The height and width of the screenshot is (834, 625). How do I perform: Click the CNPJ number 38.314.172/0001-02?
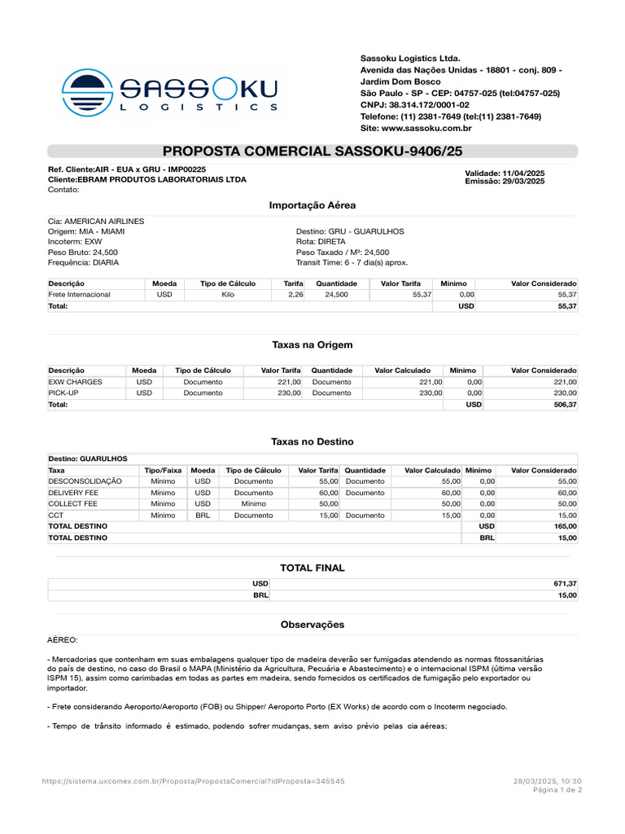(432, 105)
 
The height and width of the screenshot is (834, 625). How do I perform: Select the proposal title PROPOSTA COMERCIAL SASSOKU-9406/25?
(312, 151)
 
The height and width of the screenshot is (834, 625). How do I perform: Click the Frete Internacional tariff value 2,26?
(295, 294)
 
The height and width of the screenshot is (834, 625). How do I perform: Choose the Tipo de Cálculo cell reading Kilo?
(228, 294)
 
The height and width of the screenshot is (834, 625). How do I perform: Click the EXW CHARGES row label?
(75, 381)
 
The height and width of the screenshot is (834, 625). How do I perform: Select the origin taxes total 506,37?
(564, 404)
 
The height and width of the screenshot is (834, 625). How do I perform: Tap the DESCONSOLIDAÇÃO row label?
(85, 481)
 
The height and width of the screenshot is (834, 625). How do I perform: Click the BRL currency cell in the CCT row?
(203, 516)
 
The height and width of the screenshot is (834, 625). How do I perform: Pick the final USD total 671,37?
(564, 584)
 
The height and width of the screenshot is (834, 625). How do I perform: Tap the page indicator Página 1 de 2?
(557, 790)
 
